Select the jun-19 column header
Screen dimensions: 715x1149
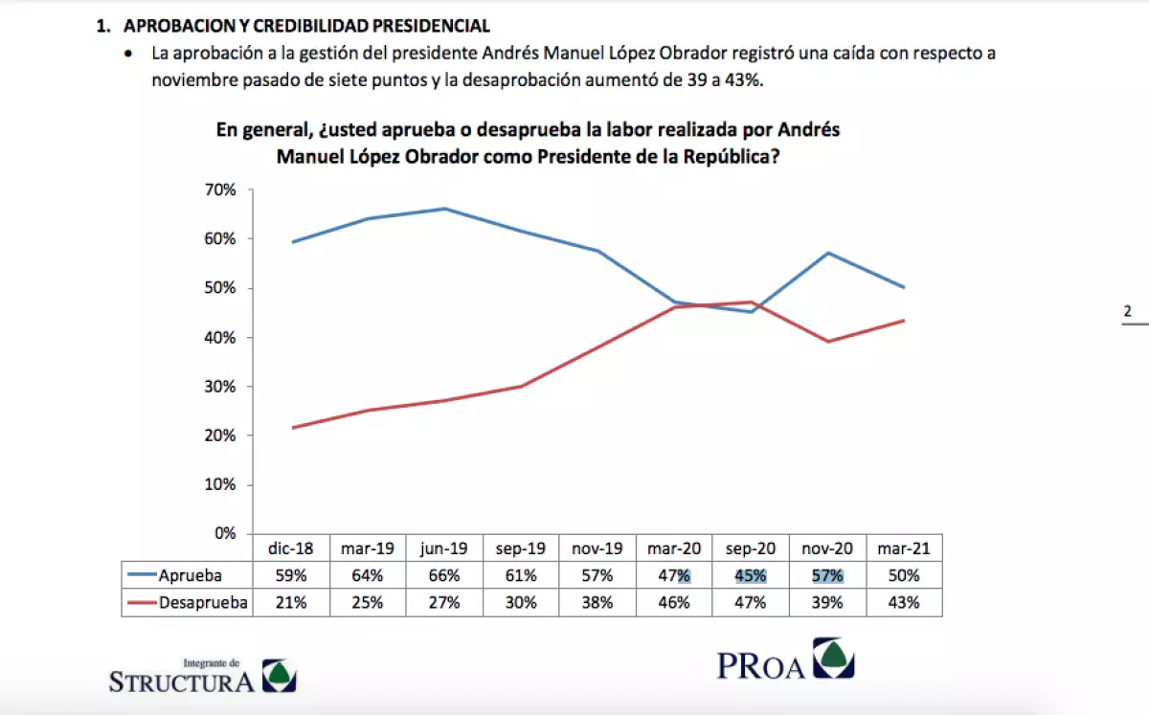click(x=445, y=549)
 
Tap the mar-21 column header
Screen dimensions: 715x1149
click(x=905, y=549)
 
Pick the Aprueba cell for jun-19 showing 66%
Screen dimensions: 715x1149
click(x=445, y=575)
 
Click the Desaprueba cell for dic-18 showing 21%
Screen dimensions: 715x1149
click(x=291, y=602)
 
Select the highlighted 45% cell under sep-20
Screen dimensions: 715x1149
click(x=752, y=575)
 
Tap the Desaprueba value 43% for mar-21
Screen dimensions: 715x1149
click(x=905, y=602)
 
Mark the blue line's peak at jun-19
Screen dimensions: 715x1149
click(x=445, y=209)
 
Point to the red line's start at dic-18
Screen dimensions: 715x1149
click(x=292, y=427)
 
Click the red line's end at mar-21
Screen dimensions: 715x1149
click(x=904, y=321)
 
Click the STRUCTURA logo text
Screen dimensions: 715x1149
click(x=182, y=681)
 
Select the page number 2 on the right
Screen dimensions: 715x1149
click(x=1127, y=311)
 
